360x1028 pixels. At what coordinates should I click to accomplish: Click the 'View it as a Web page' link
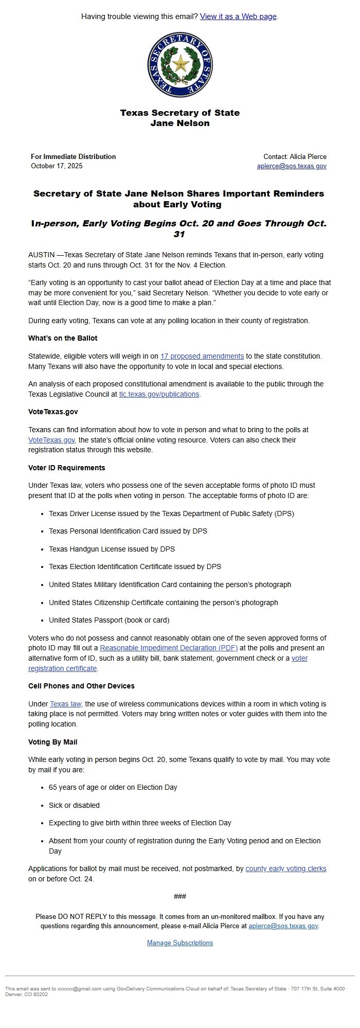(x=238, y=16)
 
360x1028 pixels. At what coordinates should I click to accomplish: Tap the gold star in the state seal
(x=180, y=64)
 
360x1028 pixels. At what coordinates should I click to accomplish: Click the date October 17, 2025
(x=57, y=166)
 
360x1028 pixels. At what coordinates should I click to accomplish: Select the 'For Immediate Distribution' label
(x=73, y=156)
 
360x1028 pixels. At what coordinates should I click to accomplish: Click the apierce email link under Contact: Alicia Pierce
(x=292, y=166)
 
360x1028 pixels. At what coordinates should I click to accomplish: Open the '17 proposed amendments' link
(x=202, y=356)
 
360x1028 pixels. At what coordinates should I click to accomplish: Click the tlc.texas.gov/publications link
(x=159, y=394)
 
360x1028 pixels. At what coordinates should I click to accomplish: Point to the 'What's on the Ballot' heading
(x=63, y=339)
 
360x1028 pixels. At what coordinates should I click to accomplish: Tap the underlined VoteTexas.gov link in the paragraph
(x=52, y=440)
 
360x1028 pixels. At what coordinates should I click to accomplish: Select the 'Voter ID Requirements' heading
(x=67, y=468)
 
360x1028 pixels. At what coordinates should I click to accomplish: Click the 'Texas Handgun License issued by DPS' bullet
(x=112, y=549)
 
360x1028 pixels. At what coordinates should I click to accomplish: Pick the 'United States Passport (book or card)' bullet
(x=109, y=620)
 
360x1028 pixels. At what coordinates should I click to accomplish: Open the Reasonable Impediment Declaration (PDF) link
(x=169, y=648)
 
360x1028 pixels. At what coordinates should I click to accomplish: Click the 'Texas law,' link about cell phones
(x=66, y=704)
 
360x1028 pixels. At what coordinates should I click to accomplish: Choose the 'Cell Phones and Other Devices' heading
(x=81, y=686)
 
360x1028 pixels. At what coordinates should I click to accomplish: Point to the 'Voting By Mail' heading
(x=53, y=742)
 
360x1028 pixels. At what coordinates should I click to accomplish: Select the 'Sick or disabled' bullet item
(x=74, y=805)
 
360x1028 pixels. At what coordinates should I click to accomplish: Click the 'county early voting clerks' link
(x=286, y=869)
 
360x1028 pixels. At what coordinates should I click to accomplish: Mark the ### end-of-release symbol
(x=180, y=896)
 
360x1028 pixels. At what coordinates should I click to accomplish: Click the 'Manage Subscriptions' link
(x=180, y=943)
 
